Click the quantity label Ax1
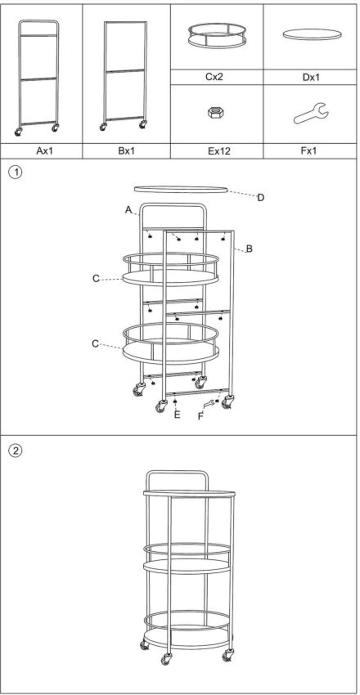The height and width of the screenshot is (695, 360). (45, 151)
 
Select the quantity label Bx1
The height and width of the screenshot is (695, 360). (126, 151)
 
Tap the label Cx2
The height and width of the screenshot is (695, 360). (214, 77)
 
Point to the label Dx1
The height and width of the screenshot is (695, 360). (311, 77)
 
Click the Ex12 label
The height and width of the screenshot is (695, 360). (219, 151)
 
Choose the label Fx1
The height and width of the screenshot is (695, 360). (309, 151)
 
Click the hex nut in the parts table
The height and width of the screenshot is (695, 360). (216, 112)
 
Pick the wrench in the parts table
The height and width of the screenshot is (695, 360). (311, 113)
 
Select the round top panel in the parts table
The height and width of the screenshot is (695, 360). (312, 34)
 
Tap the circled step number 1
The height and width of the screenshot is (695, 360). (15, 172)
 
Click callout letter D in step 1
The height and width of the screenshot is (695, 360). (261, 197)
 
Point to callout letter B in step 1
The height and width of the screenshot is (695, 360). (249, 249)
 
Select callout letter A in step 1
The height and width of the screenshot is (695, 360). (128, 210)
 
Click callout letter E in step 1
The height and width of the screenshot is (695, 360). (177, 415)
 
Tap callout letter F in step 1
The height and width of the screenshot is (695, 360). (200, 416)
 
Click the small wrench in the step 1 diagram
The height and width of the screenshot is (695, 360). (208, 404)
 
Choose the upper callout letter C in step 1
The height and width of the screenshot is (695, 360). (96, 278)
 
